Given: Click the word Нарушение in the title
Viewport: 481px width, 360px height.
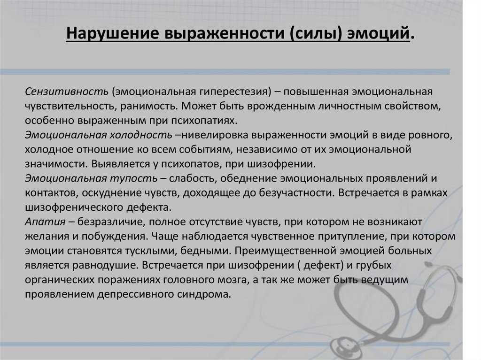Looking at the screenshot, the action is [113, 33].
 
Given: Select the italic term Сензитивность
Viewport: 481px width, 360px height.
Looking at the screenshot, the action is [67, 92].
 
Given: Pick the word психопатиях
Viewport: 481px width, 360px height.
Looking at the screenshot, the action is [200, 121].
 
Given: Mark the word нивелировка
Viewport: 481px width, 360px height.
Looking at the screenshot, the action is [214, 135].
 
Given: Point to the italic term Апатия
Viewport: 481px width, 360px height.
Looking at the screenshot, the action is [45, 222].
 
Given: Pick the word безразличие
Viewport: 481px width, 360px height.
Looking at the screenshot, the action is [110, 222].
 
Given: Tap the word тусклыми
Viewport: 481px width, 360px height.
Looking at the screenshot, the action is [151, 251].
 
